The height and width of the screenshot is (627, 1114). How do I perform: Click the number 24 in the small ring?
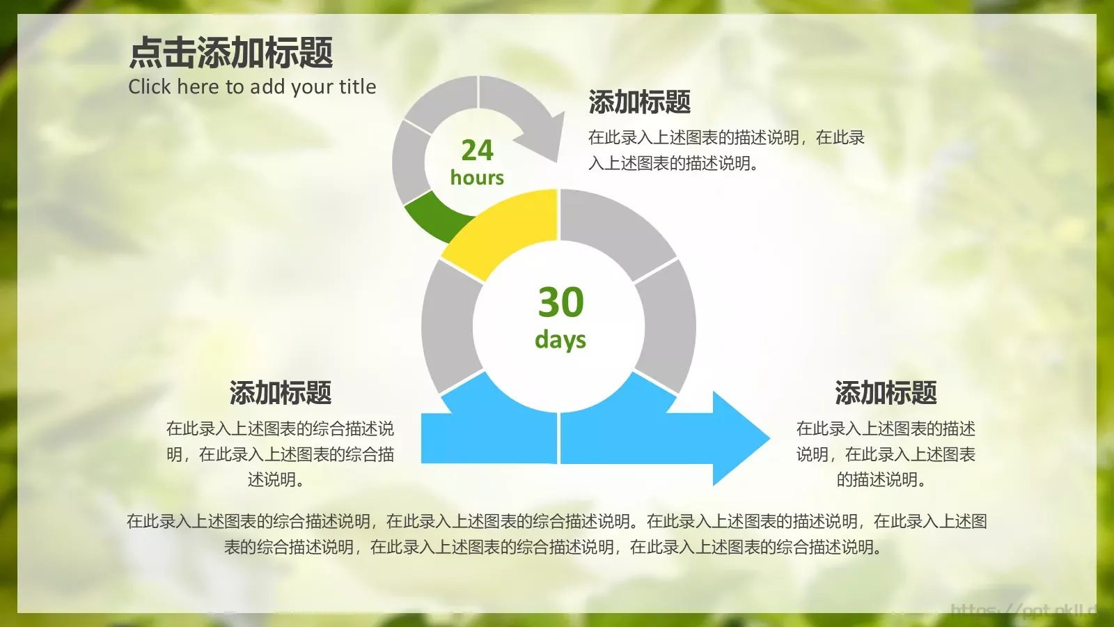(477, 150)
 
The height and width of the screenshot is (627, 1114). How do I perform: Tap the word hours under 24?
(477, 178)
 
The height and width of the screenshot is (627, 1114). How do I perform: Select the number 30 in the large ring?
(560, 302)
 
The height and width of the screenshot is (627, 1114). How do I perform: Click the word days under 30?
(560, 339)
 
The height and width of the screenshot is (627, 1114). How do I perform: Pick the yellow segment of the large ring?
(505, 230)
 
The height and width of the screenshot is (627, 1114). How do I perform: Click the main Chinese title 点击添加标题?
(231, 53)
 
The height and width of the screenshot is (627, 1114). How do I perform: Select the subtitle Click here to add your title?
(252, 86)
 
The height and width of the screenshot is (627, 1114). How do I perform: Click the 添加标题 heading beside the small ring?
(639, 102)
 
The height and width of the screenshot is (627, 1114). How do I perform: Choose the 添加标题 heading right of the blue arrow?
(886, 393)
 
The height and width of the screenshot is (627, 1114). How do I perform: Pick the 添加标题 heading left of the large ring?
(280, 393)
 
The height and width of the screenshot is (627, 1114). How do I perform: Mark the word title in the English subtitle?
(357, 86)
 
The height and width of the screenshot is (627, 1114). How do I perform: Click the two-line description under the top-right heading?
(726, 150)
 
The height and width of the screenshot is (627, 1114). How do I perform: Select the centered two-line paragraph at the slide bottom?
(556, 534)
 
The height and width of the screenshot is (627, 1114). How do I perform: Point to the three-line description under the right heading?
(886, 454)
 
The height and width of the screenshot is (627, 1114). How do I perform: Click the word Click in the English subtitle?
(149, 86)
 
